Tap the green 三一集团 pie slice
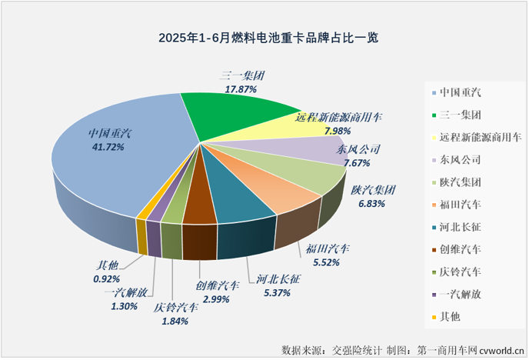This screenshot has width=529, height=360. click(x=231, y=115)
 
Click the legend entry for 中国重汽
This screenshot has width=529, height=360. click(x=461, y=93)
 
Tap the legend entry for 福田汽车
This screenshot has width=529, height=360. click(x=461, y=205)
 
